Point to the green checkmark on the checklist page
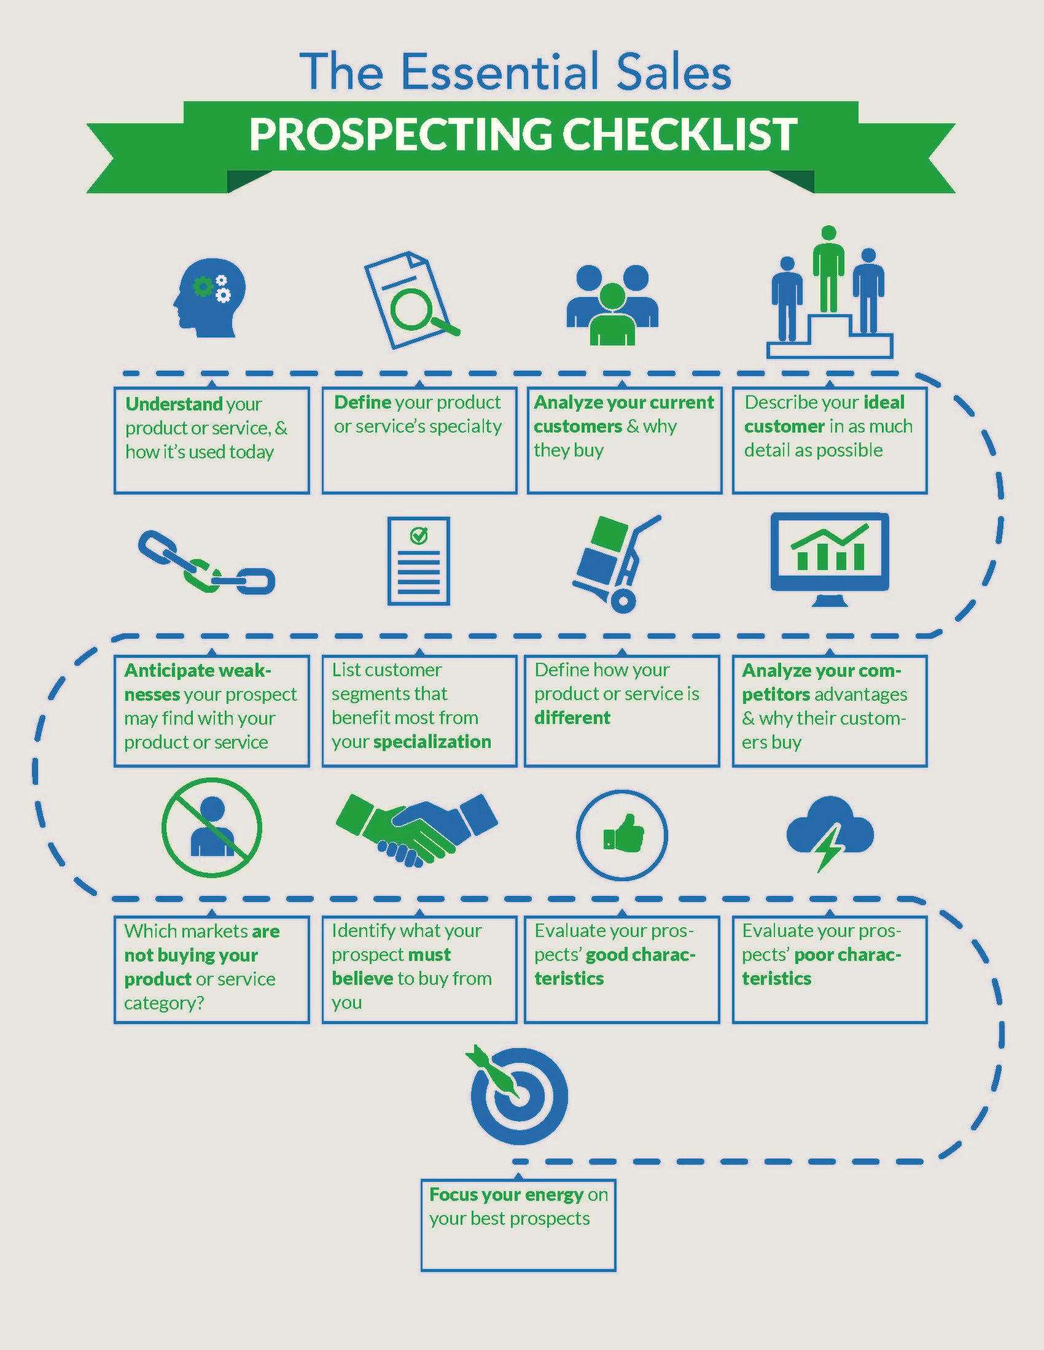(x=419, y=534)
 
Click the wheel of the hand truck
(x=623, y=600)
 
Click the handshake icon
(x=417, y=829)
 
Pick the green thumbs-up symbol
(x=623, y=834)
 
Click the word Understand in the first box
(x=174, y=404)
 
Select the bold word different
(x=572, y=718)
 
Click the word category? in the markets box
(x=164, y=1003)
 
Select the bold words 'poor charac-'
(x=847, y=955)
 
